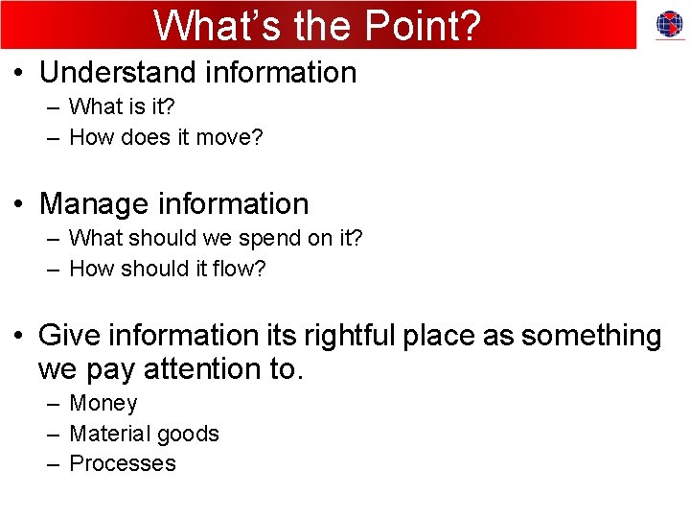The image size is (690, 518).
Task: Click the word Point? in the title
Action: (422, 26)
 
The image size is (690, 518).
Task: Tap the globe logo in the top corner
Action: (669, 25)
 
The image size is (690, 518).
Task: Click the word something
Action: (590, 336)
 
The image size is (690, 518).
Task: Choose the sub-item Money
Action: (103, 404)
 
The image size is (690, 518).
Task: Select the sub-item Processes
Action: (123, 463)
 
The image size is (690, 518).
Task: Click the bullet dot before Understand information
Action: (18, 74)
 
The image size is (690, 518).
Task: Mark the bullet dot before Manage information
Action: (18, 204)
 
